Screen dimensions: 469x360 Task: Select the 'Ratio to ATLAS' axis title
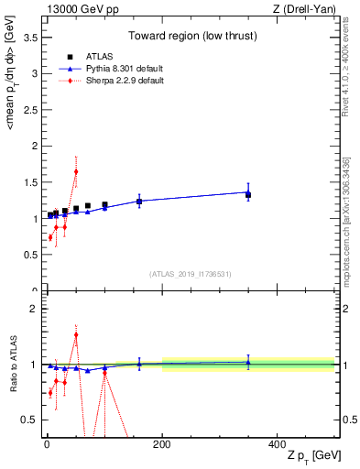(x=11, y=365)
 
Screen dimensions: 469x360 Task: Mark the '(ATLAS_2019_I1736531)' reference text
(x=190, y=274)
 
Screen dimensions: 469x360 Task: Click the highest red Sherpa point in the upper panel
(x=76, y=171)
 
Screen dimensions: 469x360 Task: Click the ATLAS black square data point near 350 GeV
(x=247, y=195)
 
